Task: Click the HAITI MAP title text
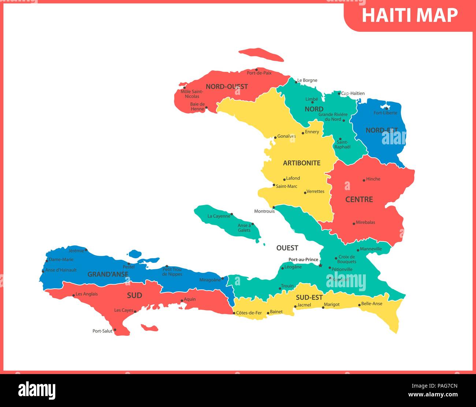click(x=410, y=15)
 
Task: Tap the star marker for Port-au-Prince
click(x=320, y=265)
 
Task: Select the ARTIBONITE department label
click(x=302, y=163)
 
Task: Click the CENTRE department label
click(x=359, y=200)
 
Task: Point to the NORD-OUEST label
click(x=227, y=87)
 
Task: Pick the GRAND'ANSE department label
click(x=108, y=274)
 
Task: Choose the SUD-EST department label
click(x=309, y=297)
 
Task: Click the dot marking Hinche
click(x=364, y=180)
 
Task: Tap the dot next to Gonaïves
click(x=275, y=138)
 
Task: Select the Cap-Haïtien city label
click(x=353, y=93)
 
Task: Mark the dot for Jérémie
click(x=86, y=251)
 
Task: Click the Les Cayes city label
click(x=124, y=310)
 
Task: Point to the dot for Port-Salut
click(x=115, y=330)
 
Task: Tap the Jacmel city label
click(x=304, y=305)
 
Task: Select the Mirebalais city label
click(x=365, y=222)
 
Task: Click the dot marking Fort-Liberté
click(x=387, y=108)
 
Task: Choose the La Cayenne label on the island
click(x=219, y=216)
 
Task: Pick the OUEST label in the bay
click(x=287, y=248)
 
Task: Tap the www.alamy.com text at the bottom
click(x=432, y=395)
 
